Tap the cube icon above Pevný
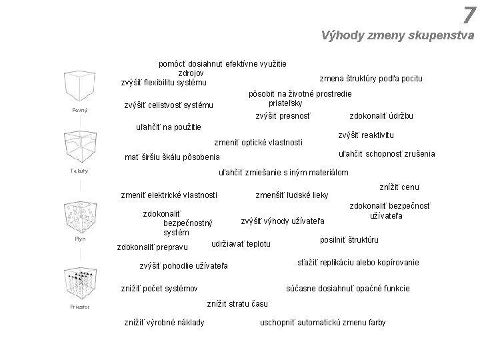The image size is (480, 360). (80, 84)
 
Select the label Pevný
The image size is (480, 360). (80, 109)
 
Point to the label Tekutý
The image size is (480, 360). (80, 171)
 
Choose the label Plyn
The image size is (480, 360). (80, 239)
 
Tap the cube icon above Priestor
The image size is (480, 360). (80, 283)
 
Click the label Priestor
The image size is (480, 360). (80, 307)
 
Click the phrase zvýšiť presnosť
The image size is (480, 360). (284, 116)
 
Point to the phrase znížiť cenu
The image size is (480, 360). (399, 188)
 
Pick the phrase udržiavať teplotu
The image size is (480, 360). (241, 244)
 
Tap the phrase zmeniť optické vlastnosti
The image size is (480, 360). (259, 142)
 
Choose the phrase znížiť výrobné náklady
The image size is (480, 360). (165, 323)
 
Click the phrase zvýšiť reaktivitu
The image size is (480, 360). (366, 135)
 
